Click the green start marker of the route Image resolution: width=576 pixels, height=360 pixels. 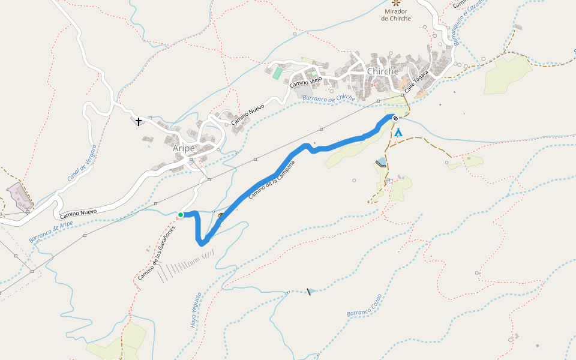181,215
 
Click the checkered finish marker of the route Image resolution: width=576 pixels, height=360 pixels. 395,118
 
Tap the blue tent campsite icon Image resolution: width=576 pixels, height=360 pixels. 398,133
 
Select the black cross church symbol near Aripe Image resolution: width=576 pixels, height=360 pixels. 139,122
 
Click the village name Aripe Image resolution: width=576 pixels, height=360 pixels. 184,148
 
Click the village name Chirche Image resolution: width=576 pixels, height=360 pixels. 383,71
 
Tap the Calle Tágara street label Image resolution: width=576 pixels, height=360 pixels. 416,81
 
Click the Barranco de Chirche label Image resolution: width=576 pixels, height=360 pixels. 329,98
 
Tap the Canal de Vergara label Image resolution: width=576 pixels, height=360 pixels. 82,163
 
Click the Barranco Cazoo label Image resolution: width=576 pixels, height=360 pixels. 364,305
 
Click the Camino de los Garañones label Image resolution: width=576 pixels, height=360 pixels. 157,253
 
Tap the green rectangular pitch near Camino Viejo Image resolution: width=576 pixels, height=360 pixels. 277,73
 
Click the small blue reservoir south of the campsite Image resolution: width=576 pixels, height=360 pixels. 381,162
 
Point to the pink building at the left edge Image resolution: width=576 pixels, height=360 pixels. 20,196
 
